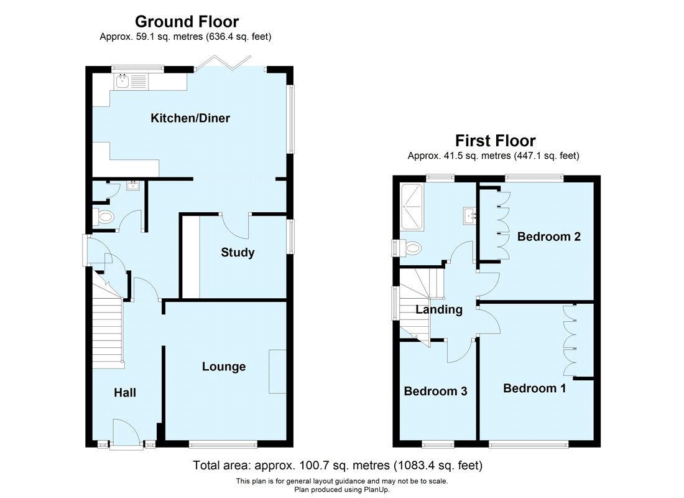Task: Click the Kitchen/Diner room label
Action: tap(190, 118)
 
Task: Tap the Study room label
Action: tap(238, 253)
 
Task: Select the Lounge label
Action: tap(224, 367)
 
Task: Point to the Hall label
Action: tap(125, 392)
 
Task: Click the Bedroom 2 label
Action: tap(549, 237)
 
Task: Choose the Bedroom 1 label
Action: tap(534, 388)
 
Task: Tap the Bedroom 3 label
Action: tap(435, 390)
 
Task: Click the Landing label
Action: tap(439, 310)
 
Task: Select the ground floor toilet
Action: tap(103, 217)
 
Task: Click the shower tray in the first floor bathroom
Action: tap(412, 207)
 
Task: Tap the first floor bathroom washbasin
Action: tap(469, 216)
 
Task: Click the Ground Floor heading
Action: tap(187, 21)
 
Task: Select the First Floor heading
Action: tap(495, 141)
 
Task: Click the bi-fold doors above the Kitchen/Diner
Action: tap(223, 63)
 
